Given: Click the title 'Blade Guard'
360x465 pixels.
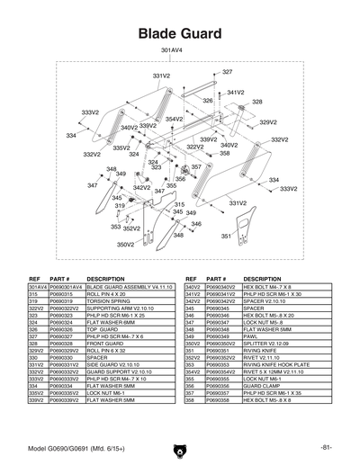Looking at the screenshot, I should (179, 33).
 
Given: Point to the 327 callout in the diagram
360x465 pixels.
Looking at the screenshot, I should (227, 71).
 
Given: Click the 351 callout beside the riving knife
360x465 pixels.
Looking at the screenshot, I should (227, 237).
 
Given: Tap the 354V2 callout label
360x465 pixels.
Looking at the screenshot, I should (174, 119).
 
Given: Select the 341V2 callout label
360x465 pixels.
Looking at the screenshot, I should (236, 93).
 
